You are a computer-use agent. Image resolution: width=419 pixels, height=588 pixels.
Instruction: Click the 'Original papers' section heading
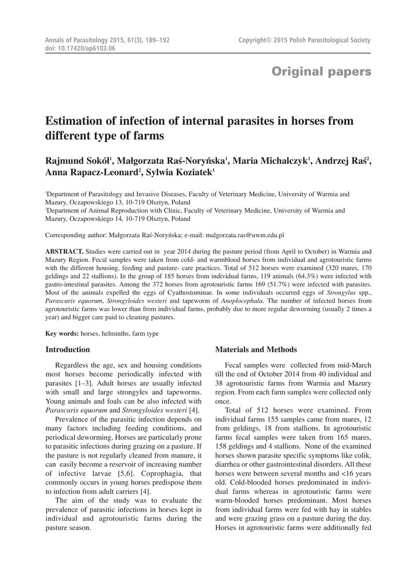coord(321,72)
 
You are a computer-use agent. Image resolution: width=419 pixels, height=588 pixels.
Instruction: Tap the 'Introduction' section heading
coord(68,349)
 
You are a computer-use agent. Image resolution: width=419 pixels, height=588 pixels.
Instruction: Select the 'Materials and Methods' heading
coord(255,349)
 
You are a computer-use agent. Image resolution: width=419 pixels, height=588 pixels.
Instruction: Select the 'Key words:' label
coord(63,334)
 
